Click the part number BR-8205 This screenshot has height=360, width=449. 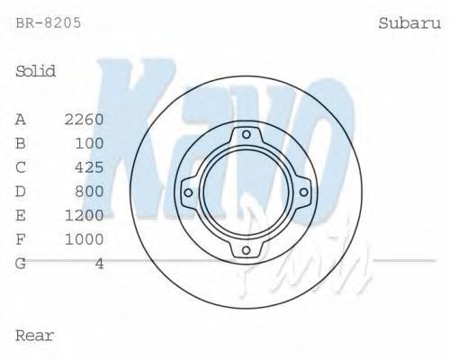click(49, 22)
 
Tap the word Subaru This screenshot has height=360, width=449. click(409, 23)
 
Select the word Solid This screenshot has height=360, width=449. click(35, 71)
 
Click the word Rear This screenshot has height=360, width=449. click(34, 336)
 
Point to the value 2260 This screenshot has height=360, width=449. click(85, 120)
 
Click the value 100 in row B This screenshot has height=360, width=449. click(89, 143)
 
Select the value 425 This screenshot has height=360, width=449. click(89, 167)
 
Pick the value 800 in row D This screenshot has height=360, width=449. click(89, 192)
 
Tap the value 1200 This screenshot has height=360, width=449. click(85, 215)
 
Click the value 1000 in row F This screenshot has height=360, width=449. click(85, 239)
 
